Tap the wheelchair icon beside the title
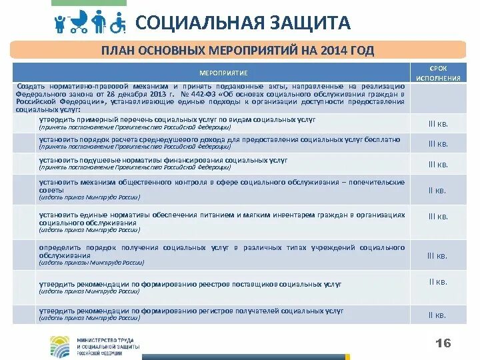118,23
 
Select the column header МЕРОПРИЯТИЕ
224,72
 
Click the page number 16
443,343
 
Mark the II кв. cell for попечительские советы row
437,191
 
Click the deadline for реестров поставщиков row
437,282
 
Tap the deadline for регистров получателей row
437,315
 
